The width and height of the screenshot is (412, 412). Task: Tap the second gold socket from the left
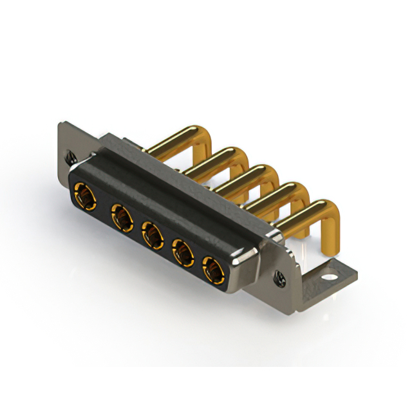120,216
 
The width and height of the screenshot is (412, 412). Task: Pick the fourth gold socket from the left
183,252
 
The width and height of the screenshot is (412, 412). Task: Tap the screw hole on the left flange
70,155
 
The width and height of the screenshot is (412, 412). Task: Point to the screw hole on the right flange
281,278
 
